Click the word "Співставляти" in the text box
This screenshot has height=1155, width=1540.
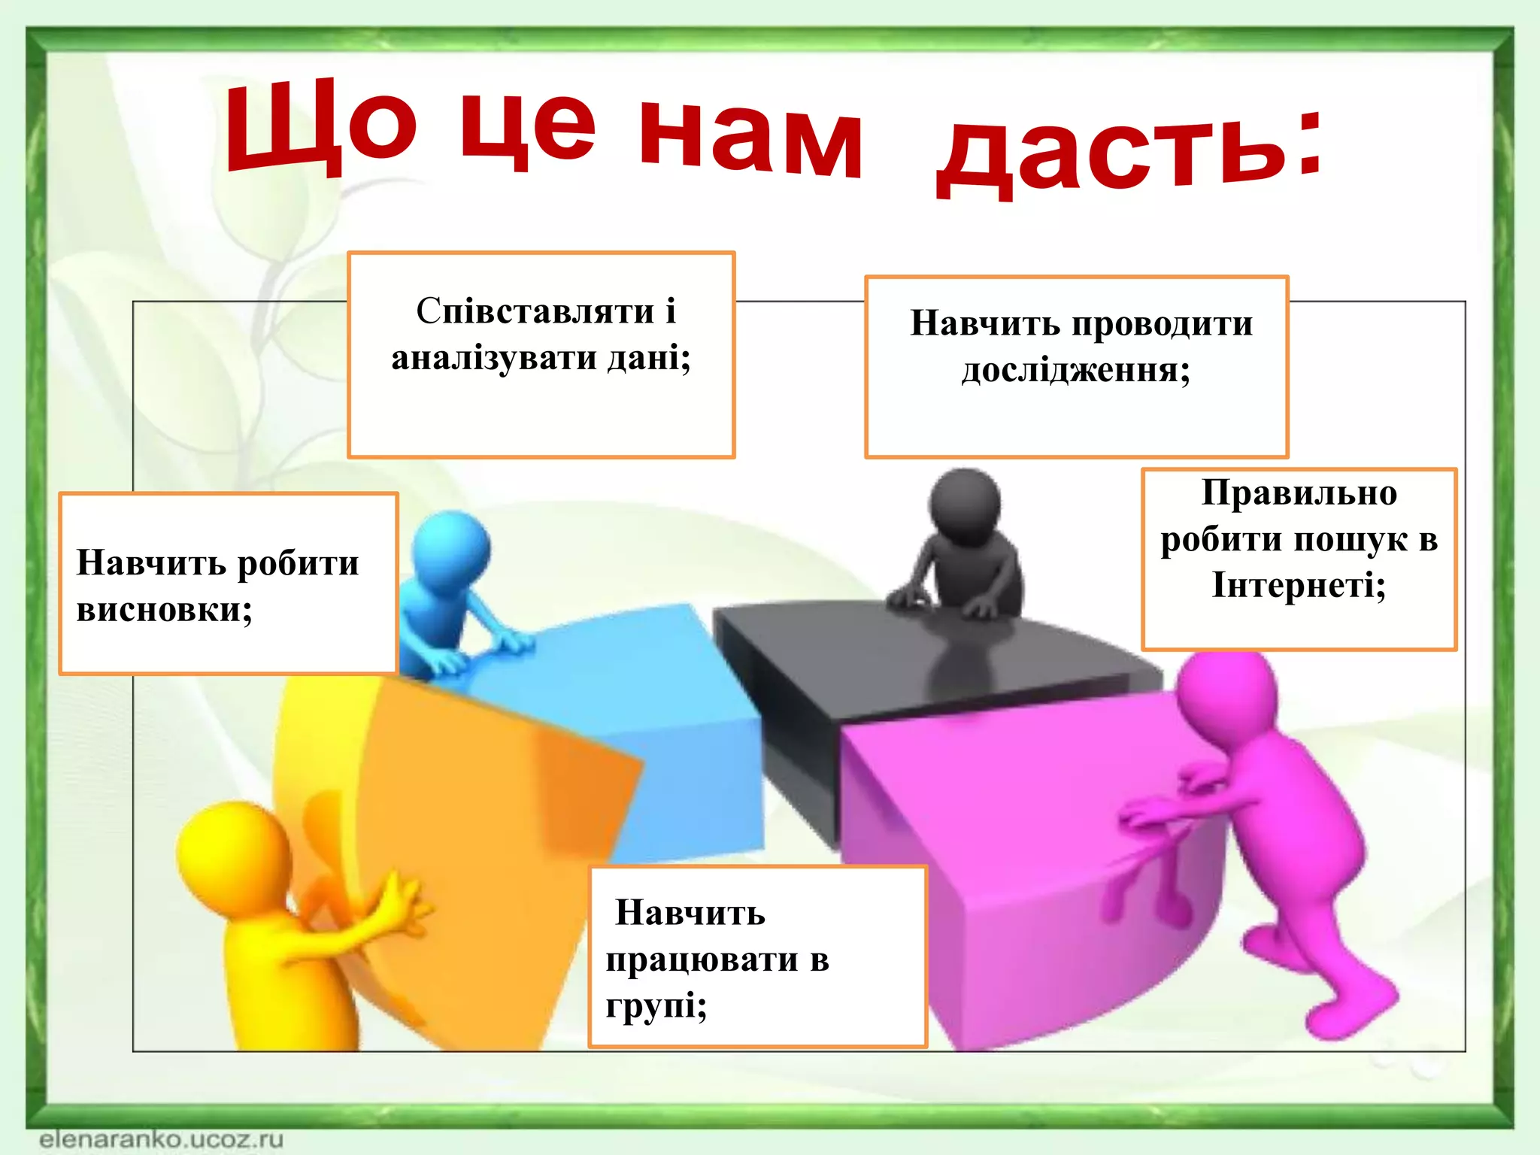(x=535, y=311)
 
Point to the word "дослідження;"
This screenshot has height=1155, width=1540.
(x=1076, y=371)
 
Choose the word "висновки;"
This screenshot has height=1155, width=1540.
(x=165, y=609)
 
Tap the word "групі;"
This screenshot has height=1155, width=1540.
(x=656, y=1006)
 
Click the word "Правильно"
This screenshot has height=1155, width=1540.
(x=1299, y=493)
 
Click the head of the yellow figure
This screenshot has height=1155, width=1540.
(x=233, y=853)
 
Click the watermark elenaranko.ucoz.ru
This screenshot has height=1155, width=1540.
(x=161, y=1138)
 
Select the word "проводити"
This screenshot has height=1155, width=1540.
(x=1162, y=324)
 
